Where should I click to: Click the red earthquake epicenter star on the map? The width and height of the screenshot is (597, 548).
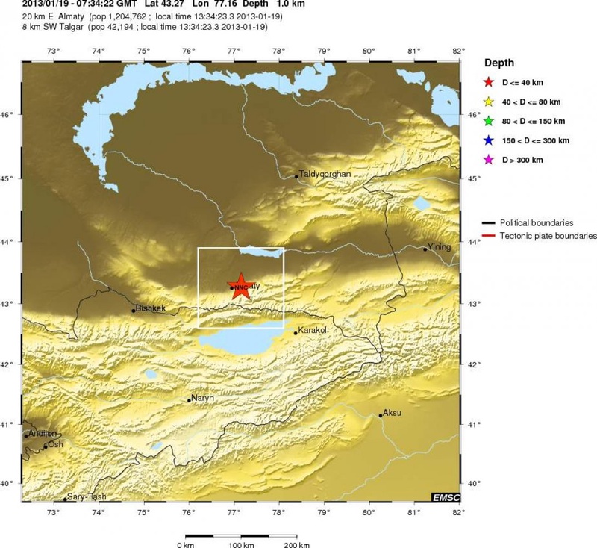(x=240, y=285)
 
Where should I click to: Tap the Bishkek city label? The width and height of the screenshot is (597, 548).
(x=150, y=307)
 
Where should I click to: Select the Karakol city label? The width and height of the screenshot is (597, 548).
(x=313, y=329)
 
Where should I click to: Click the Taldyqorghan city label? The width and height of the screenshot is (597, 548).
(x=324, y=174)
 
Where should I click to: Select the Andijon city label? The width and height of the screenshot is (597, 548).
(x=42, y=433)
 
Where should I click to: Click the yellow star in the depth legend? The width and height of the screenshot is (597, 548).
(x=489, y=101)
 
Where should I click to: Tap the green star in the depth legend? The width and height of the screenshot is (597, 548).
(x=489, y=120)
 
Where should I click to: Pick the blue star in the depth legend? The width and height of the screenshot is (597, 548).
(x=489, y=140)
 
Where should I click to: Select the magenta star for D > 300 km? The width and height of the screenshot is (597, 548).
(x=489, y=160)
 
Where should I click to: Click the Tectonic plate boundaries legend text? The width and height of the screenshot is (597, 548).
(x=548, y=235)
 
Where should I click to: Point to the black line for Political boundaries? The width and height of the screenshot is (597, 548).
(x=489, y=222)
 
